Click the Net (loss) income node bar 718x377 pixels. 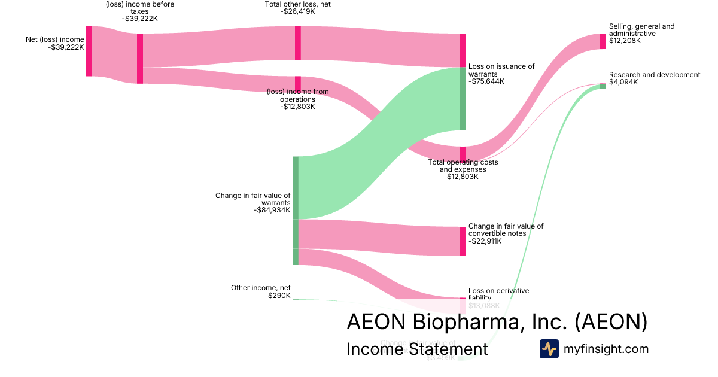89,51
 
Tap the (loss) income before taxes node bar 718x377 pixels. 140,58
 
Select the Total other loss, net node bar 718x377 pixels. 297,43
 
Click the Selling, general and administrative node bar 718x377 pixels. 603,41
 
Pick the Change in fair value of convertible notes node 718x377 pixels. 463,241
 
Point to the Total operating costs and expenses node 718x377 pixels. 463,154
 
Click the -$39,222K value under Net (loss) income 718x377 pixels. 66,47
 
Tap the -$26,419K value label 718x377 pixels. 298,11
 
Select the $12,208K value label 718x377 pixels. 625,41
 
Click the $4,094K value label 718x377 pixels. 623,82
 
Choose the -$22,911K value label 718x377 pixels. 485,241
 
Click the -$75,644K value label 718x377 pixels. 486,81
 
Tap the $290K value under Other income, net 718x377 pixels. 279,296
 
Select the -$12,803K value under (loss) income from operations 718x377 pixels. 297,107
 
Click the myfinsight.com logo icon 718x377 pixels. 549,349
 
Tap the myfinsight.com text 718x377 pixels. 606,349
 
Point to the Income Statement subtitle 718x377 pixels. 417,349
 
